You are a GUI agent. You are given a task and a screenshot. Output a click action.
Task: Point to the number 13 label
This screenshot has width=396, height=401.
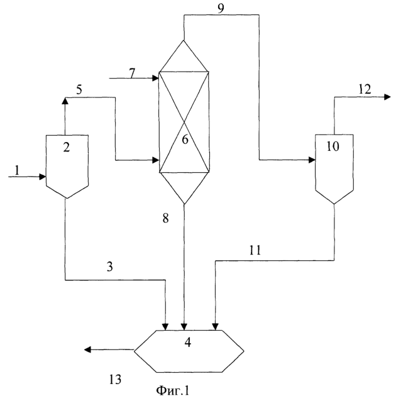(x=113, y=379)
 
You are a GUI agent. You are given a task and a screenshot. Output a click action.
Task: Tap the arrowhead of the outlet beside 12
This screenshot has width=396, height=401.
(x=384, y=97)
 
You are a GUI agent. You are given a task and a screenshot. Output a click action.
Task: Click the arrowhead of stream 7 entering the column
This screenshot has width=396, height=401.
(x=155, y=78)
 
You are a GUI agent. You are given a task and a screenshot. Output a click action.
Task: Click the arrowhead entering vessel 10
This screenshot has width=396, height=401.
(x=312, y=160)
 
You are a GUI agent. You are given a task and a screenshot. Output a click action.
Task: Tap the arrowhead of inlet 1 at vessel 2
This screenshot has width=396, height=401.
(x=43, y=177)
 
